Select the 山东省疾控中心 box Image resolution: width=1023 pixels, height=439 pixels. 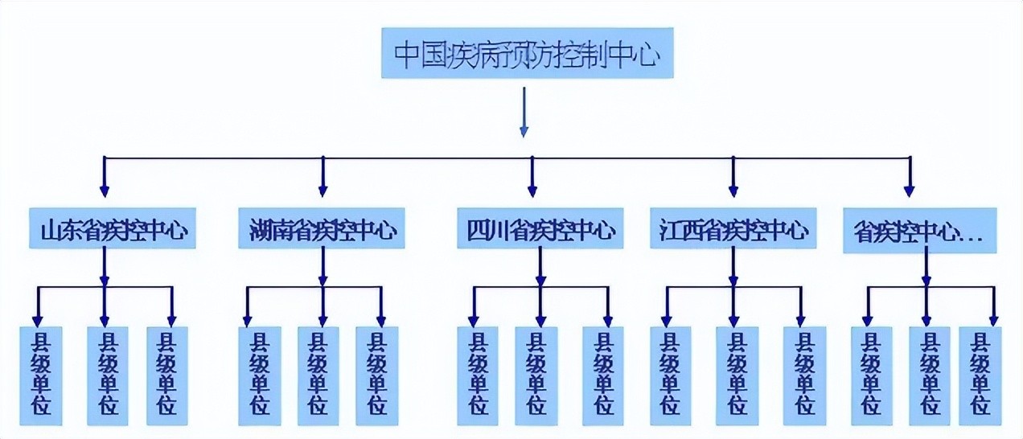pos(113,230)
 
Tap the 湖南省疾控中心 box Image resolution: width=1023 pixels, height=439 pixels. pos(322,230)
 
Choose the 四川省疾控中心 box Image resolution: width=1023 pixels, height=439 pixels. pos(540,230)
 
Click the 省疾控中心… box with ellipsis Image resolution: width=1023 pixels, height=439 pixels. pos(919,232)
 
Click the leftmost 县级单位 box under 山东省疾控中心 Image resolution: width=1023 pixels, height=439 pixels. pos(39,375)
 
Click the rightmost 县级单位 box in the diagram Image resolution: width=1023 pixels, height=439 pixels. pos(980,375)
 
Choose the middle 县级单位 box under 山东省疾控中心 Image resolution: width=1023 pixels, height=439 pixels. pos(107,375)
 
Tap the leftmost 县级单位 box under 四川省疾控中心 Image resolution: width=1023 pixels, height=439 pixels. pos(478,375)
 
